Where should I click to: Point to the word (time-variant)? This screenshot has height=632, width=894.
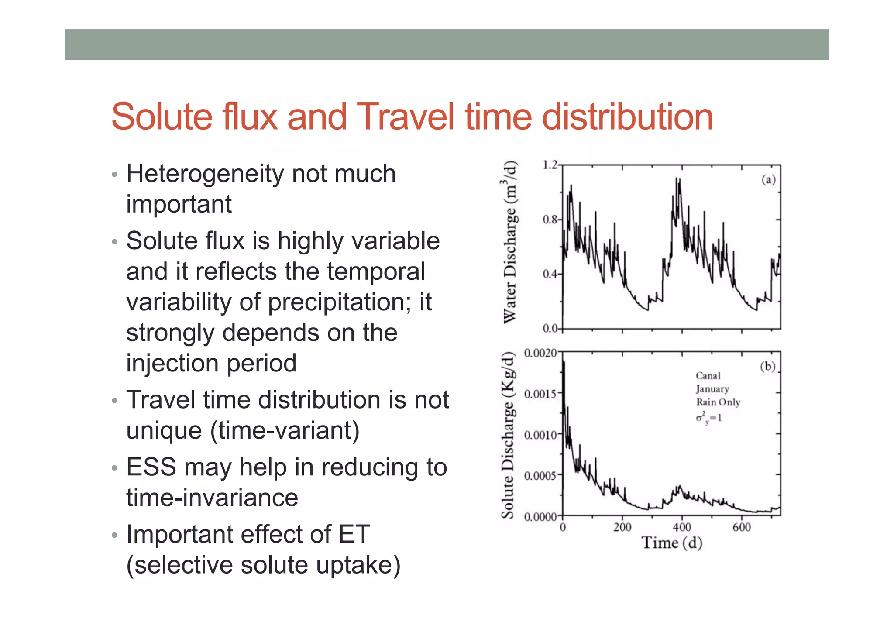pyautogui.click(x=285, y=430)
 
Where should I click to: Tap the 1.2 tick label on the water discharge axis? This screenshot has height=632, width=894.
pyautogui.click(x=550, y=165)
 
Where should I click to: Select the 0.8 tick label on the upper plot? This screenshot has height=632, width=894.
pyautogui.click(x=550, y=220)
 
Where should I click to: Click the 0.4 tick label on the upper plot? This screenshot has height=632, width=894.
pyautogui.click(x=550, y=274)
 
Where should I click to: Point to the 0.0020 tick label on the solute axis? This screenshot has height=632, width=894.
pyautogui.click(x=540, y=353)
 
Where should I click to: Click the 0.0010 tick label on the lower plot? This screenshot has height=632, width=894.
pyautogui.click(x=540, y=435)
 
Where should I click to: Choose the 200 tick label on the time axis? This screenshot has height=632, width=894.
pyautogui.click(x=622, y=527)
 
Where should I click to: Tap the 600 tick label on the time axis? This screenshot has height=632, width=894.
pyautogui.click(x=742, y=527)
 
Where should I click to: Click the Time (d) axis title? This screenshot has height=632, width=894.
pyautogui.click(x=672, y=543)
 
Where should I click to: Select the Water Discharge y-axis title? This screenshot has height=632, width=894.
pyautogui.click(x=510, y=243)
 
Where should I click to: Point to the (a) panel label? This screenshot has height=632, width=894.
pyautogui.click(x=769, y=179)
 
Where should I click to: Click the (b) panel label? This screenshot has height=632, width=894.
pyautogui.click(x=768, y=366)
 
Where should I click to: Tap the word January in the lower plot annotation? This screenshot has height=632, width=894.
pyautogui.click(x=712, y=389)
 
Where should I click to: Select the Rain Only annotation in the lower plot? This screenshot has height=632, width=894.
pyautogui.click(x=718, y=402)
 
